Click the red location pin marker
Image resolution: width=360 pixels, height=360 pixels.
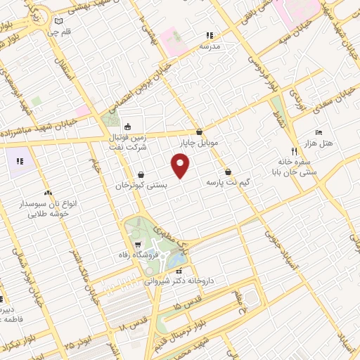pos(181,167)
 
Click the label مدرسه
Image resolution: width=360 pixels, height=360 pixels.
pos(210,46)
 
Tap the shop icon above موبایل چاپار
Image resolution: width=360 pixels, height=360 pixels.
pos(200,131)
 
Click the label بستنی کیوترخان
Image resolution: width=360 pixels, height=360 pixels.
pos(143,185)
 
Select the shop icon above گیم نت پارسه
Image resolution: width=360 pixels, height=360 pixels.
pos(229,172)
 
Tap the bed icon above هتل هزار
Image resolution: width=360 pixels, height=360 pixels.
pos(319,132)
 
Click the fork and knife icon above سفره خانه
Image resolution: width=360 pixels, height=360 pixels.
pos(294,151)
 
